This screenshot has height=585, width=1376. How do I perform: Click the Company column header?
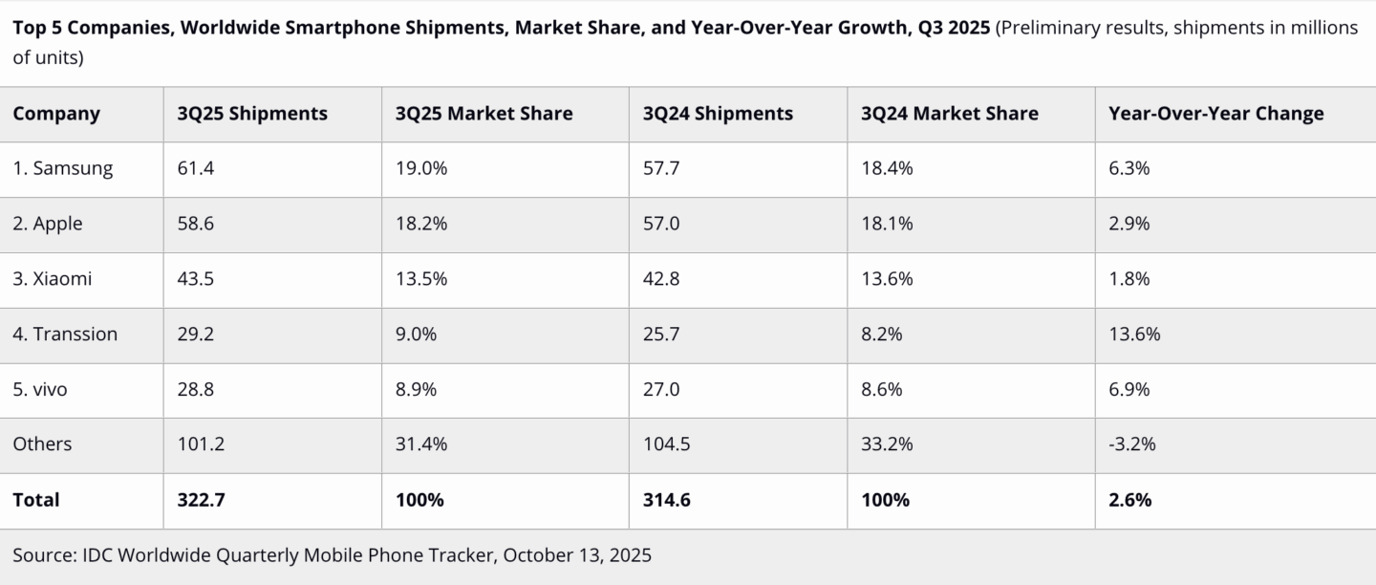coord(56,114)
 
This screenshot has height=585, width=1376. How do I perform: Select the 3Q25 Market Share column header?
coord(484,114)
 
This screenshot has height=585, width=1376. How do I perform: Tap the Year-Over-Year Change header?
coord(1215,114)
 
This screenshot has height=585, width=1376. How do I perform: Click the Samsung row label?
coord(63,168)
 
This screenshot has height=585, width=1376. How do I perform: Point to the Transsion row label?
coord(65,334)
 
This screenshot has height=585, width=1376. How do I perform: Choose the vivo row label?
coord(40,389)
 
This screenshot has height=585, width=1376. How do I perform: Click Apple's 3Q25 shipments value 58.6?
coord(197,224)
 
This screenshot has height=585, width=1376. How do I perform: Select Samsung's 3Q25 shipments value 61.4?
coord(197,168)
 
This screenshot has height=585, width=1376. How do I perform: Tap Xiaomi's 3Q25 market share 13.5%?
coord(421,279)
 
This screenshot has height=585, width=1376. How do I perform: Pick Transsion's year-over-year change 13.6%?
coord(1134,334)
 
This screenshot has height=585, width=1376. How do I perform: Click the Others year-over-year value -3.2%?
coord(1132,444)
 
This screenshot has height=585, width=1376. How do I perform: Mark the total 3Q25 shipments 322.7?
coord(202,500)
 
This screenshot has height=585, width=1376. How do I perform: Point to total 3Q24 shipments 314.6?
coord(667,500)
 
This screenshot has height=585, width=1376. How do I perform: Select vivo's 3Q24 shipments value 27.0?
coord(662,389)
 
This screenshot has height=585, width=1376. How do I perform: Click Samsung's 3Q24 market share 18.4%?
coord(887,168)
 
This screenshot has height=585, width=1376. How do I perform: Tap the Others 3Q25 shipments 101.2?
coord(202,444)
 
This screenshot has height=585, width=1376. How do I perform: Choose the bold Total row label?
coord(36,500)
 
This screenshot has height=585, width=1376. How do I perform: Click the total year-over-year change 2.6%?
coord(1129,500)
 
